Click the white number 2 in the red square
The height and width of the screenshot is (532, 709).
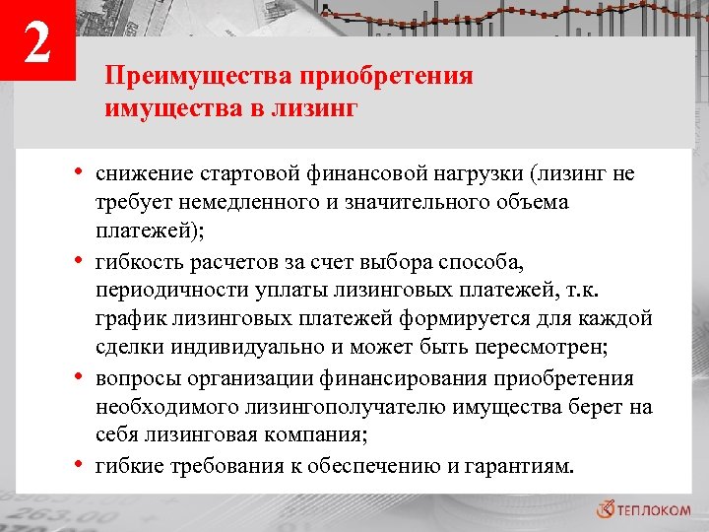click(x=36, y=44)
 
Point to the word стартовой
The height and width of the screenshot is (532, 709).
click(x=239, y=175)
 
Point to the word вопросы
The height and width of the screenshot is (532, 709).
click(x=135, y=378)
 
